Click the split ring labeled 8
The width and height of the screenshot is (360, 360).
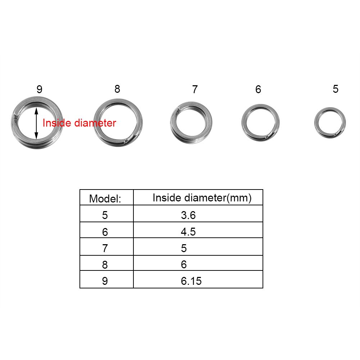click(118, 123)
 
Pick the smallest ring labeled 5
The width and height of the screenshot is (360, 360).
click(330, 123)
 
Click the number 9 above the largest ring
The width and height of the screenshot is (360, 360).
click(39, 90)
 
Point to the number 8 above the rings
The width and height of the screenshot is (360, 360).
click(117, 89)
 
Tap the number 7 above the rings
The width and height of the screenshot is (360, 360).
click(195, 90)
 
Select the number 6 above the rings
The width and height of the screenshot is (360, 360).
click(258, 90)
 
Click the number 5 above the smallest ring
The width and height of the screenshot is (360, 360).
click(336, 89)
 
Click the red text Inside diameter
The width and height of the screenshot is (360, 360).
click(79, 123)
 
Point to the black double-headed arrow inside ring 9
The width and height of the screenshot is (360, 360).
click(36, 123)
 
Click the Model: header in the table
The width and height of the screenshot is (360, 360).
click(105, 199)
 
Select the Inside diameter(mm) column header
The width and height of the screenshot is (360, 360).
click(202, 197)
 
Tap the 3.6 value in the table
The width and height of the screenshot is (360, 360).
click(188, 215)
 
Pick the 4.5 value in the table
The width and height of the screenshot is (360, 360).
click(188, 232)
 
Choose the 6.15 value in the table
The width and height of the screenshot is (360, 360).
click(191, 281)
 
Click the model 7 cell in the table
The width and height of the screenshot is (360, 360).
click(105, 248)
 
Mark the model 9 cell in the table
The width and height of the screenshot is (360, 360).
click(105, 281)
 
